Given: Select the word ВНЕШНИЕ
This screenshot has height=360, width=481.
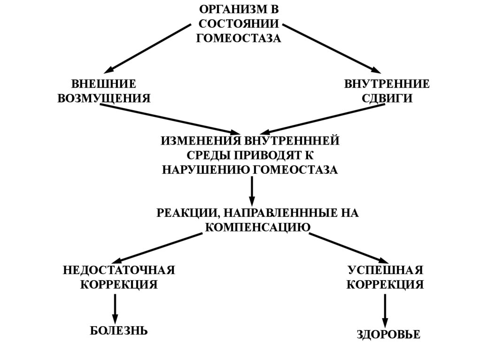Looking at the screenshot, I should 104,84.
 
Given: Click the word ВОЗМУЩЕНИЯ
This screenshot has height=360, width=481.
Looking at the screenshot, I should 104,99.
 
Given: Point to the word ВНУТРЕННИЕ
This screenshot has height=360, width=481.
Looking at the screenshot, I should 387,84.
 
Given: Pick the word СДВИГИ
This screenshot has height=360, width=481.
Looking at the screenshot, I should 387,99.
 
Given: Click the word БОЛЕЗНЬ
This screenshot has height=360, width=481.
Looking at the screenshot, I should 119,330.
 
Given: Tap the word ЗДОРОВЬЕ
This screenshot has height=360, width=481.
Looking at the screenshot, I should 388,335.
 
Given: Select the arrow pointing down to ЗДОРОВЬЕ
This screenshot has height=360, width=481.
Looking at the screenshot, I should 385,311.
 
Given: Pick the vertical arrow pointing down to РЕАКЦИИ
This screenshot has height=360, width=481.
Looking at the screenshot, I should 252,190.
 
